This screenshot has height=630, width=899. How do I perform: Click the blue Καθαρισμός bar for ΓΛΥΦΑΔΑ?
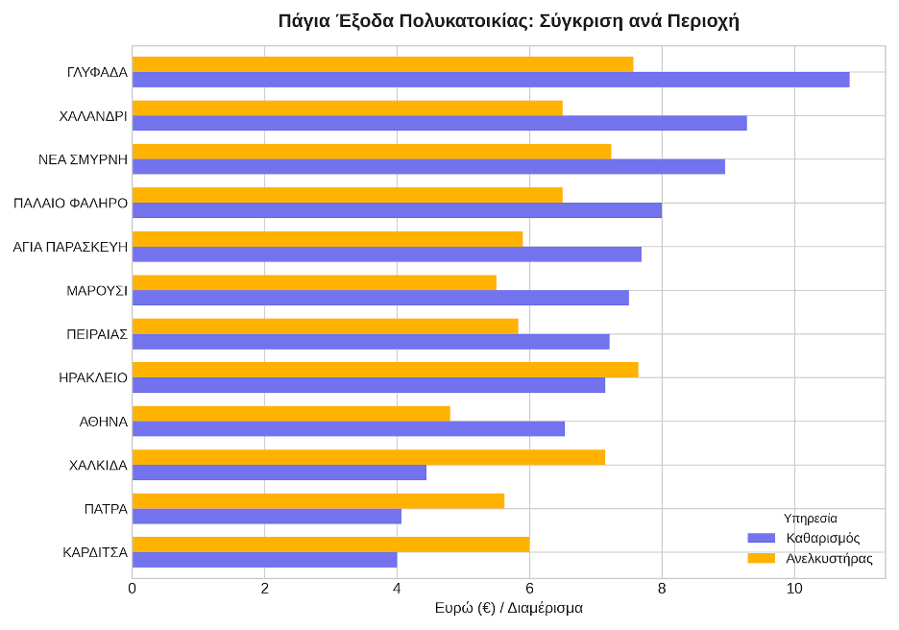[x=490, y=80]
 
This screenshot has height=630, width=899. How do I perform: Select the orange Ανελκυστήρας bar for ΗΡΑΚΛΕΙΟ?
[x=384, y=370]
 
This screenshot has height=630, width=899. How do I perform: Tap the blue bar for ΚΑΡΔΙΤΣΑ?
[x=264, y=560]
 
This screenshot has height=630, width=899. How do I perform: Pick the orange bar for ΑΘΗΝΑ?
[x=290, y=413]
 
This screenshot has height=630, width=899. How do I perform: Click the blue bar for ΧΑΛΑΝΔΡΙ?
[x=439, y=123]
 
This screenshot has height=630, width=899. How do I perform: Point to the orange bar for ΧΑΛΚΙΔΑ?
[x=368, y=457]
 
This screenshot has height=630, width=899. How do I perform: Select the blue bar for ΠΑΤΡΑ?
[x=266, y=517]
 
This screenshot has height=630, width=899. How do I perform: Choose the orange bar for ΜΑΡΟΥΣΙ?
[x=314, y=282]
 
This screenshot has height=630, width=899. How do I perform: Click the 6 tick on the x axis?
[x=529, y=588]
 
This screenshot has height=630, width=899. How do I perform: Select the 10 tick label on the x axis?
[x=794, y=588]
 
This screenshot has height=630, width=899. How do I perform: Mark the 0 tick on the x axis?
[x=133, y=588]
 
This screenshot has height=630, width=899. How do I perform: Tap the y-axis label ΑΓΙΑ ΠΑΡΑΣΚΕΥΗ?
[x=70, y=247]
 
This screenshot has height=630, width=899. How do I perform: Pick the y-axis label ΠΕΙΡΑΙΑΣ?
[x=97, y=333]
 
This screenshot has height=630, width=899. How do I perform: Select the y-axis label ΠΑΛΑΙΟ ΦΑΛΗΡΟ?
[x=71, y=203]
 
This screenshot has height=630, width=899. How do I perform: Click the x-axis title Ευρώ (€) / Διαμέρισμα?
[x=508, y=608]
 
